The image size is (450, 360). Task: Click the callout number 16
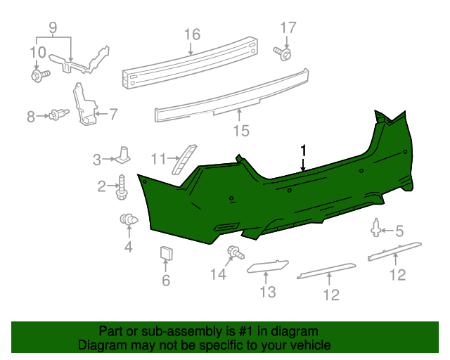192,34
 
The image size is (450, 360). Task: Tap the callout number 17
289,28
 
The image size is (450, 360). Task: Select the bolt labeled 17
283,53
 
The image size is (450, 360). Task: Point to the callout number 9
53,29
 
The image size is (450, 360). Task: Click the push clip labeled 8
58,115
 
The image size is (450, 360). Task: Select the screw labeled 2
122,186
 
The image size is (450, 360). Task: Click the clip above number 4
127,221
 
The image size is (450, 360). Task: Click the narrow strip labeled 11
185,158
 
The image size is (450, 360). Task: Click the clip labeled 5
377,228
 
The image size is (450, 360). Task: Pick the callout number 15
240,130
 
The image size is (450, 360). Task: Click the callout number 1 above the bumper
303,150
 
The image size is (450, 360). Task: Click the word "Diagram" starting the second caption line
100,345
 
